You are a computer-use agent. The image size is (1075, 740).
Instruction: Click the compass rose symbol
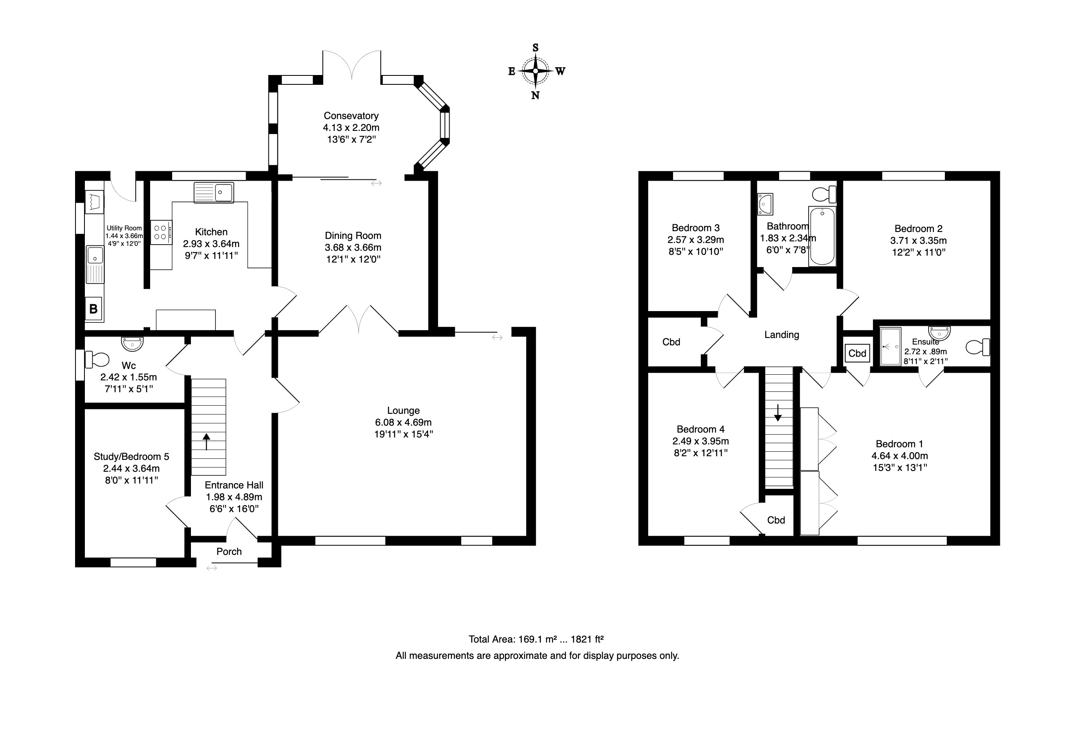click(x=535, y=71)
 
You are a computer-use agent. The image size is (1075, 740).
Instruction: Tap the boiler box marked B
click(x=93, y=309)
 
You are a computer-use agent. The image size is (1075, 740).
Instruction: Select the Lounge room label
click(x=403, y=410)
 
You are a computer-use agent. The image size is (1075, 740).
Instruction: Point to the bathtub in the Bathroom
click(x=822, y=236)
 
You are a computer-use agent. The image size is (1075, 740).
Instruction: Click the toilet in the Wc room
click(x=97, y=359)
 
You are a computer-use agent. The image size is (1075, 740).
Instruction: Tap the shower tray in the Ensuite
click(x=890, y=347)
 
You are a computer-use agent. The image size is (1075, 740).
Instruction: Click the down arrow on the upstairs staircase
click(x=778, y=413)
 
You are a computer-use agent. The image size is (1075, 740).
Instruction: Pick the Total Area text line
click(x=536, y=639)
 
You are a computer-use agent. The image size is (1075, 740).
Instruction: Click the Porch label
click(x=229, y=551)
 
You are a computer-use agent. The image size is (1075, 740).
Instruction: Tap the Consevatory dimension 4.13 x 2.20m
click(x=351, y=128)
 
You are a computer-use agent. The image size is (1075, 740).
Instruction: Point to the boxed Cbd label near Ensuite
click(x=857, y=353)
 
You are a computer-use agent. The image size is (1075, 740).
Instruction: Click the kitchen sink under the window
click(x=213, y=192)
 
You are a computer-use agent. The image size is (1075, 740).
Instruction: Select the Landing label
click(x=782, y=335)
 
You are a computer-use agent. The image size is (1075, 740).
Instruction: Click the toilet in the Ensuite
click(x=978, y=347)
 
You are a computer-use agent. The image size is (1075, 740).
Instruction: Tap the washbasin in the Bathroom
click(x=765, y=204)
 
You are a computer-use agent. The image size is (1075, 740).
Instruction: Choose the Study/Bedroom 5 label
click(x=131, y=456)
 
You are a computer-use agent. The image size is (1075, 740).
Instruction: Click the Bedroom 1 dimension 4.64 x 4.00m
click(x=900, y=456)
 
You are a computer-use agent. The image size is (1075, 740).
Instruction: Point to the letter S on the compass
click(x=535, y=48)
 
